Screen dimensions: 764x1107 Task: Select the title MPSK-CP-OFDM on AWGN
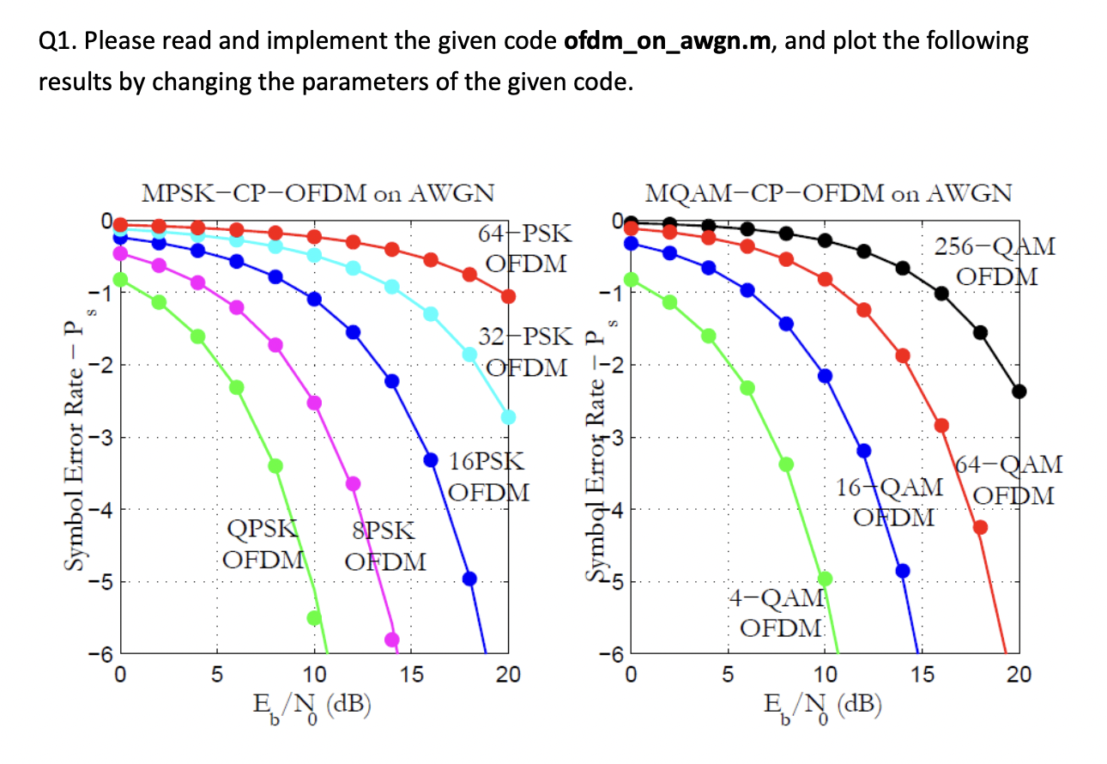coord(318,193)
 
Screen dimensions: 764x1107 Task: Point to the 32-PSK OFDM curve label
coord(524,352)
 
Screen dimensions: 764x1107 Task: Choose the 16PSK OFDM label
coord(488,476)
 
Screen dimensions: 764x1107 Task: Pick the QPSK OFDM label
coord(263,544)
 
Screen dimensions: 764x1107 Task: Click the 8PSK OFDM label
coord(384,547)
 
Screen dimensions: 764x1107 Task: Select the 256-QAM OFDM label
coord(995,262)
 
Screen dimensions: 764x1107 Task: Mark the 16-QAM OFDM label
coord(893,502)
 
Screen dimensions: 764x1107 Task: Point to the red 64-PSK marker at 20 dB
coord(508,296)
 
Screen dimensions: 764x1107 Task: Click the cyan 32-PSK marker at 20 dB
coord(508,416)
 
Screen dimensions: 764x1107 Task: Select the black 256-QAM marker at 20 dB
coord(1019,391)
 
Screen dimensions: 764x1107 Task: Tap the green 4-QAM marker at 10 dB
coord(825,579)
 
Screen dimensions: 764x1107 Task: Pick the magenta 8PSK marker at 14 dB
coord(391,639)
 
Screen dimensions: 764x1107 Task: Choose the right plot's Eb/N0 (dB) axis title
coord(825,704)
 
